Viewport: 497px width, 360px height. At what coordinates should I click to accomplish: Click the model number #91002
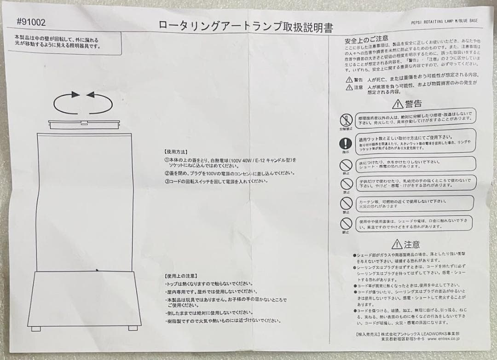pos(31,22)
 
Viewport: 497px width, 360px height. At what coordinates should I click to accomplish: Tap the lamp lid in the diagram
pos(84,124)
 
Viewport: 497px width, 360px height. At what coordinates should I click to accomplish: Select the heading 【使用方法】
pos(176,151)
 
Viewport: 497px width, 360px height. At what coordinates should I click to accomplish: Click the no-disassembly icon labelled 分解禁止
pos(346,121)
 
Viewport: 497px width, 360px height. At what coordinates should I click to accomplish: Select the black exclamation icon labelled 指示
pos(346,143)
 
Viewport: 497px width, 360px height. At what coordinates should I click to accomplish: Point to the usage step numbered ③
pos(216,181)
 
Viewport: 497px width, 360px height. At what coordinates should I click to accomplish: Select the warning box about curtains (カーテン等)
pos(416,203)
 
